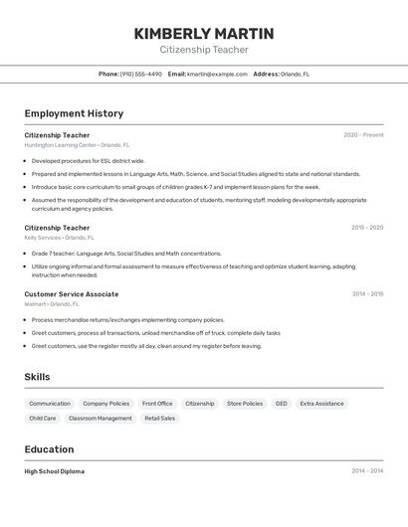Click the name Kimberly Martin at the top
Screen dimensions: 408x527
(x=204, y=34)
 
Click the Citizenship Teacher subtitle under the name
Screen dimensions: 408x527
(x=204, y=50)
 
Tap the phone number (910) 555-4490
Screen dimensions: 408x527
(x=140, y=75)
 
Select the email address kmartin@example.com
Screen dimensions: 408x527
(x=217, y=75)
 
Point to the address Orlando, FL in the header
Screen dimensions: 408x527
(x=295, y=75)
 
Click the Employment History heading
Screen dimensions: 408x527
(x=74, y=113)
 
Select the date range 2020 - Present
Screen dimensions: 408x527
(x=363, y=135)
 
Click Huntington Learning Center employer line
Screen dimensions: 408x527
(x=77, y=145)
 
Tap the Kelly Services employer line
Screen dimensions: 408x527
(x=59, y=238)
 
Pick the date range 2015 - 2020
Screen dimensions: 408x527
(x=367, y=228)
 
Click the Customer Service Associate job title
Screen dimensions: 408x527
(x=71, y=294)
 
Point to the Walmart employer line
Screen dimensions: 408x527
(x=53, y=304)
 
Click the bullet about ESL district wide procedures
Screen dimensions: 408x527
(x=88, y=160)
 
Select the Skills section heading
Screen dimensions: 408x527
(x=37, y=377)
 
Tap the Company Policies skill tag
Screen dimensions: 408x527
(x=105, y=404)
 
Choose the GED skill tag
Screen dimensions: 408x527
(x=282, y=404)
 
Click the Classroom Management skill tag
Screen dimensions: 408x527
(x=100, y=419)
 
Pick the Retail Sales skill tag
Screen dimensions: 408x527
(x=160, y=419)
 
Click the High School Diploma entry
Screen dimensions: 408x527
(x=55, y=471)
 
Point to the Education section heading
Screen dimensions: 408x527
(x=49, y=449)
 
